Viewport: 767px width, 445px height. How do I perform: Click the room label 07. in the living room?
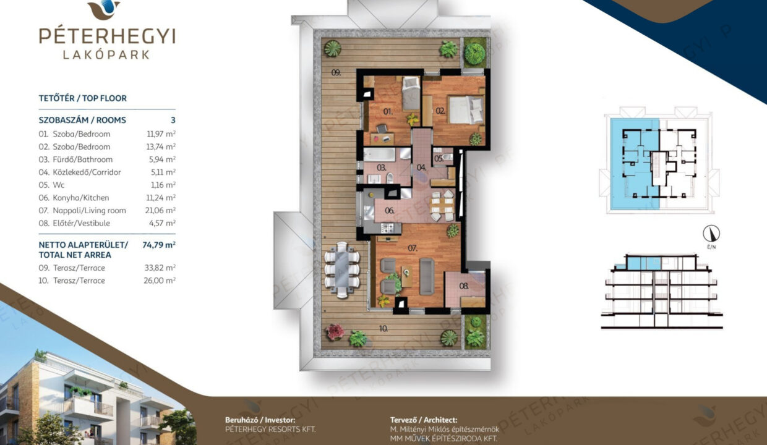click(413, 248)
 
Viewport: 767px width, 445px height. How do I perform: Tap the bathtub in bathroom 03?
click(379, 155)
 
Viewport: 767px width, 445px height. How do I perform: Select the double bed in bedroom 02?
click(466, 109)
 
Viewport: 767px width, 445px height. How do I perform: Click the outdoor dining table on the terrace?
click(341, 269)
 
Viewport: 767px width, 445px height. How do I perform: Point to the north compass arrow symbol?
click(711, 234)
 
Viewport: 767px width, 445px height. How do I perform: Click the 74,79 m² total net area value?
click(159, 245)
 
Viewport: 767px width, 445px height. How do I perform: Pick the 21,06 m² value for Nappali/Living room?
click(160, 210)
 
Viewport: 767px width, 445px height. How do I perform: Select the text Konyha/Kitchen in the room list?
click(81, 198)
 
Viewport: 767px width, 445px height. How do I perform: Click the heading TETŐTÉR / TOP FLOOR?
click(82, 98)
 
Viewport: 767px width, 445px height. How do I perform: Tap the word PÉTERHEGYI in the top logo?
click(107, 36)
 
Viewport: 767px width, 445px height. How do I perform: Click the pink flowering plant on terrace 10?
click(335, 332)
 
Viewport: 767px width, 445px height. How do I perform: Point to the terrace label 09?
click(336, 72)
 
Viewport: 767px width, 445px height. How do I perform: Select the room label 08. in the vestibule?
click(464, 286)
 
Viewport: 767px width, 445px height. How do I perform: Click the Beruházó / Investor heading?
click(260, 420)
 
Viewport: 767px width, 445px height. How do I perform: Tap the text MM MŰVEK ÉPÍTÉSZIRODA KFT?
click(443, 438)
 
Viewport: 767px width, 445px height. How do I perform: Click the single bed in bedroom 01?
click(411, 93)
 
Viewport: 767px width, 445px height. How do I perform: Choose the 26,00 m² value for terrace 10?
click(160, 281)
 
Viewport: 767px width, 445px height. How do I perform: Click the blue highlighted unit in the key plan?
click(635, 164)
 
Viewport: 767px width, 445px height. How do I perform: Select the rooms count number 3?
click(173, 120)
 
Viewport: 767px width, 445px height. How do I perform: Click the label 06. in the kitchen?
click(389, 211)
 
